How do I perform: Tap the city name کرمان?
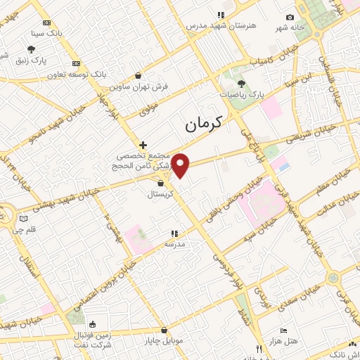[203, 124]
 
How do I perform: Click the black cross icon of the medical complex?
[143, 144]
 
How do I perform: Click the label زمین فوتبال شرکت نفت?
[92, 340]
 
